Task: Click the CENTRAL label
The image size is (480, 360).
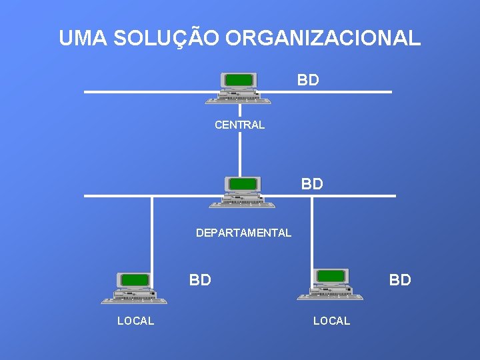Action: coord(239,125)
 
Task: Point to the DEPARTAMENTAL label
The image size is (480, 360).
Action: coord(243,233)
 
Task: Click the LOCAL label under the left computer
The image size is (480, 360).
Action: coord(135,321)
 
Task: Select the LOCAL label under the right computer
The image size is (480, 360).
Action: coord(331,321)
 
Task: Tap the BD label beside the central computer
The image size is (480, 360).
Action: coord(308,81)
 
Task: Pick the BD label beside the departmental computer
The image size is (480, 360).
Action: coord(312,184)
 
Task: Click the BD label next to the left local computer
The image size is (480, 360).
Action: coord(200,280)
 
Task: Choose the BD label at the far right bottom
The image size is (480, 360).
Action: coord(400,280)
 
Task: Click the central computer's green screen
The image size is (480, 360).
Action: coord(239,80)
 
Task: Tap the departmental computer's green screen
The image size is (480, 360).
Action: coord(243,184)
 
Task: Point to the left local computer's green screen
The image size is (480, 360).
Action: coord(135,279)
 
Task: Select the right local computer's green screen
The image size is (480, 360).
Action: coord(331,275)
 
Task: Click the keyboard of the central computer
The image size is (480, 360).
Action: coord(238,101)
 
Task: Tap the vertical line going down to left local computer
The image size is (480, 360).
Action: coord(152,233)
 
